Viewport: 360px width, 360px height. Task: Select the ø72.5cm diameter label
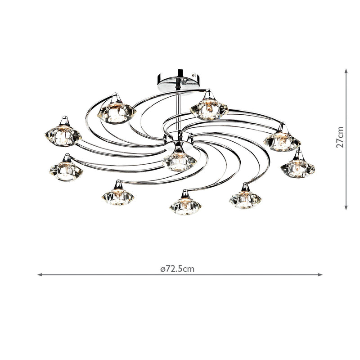177,269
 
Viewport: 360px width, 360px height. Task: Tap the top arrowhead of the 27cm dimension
346,71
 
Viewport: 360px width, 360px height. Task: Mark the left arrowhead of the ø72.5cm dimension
40,274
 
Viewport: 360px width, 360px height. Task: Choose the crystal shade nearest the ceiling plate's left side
118,112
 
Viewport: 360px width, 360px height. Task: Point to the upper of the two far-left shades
63,135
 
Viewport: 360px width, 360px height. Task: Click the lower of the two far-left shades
66,170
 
